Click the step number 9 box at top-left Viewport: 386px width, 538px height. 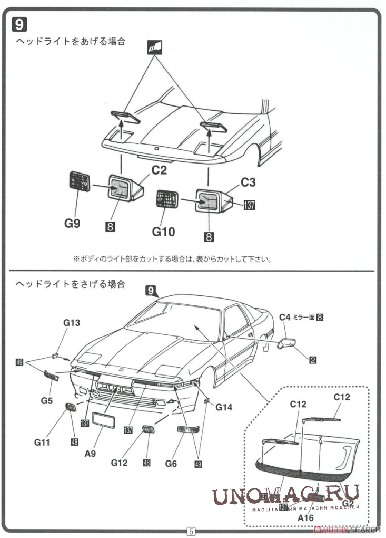[x=19, y=25]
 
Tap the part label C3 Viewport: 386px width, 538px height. [x=248, y=182]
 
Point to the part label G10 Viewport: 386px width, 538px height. [x=163, y=231]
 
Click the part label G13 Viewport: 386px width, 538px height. [x=72, y=323]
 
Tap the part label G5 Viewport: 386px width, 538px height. [x=47, y=401]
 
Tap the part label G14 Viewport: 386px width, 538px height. [x=223, y=407]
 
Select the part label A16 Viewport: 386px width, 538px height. [x=306, y=518]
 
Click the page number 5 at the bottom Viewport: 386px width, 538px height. [x=191, y=531]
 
